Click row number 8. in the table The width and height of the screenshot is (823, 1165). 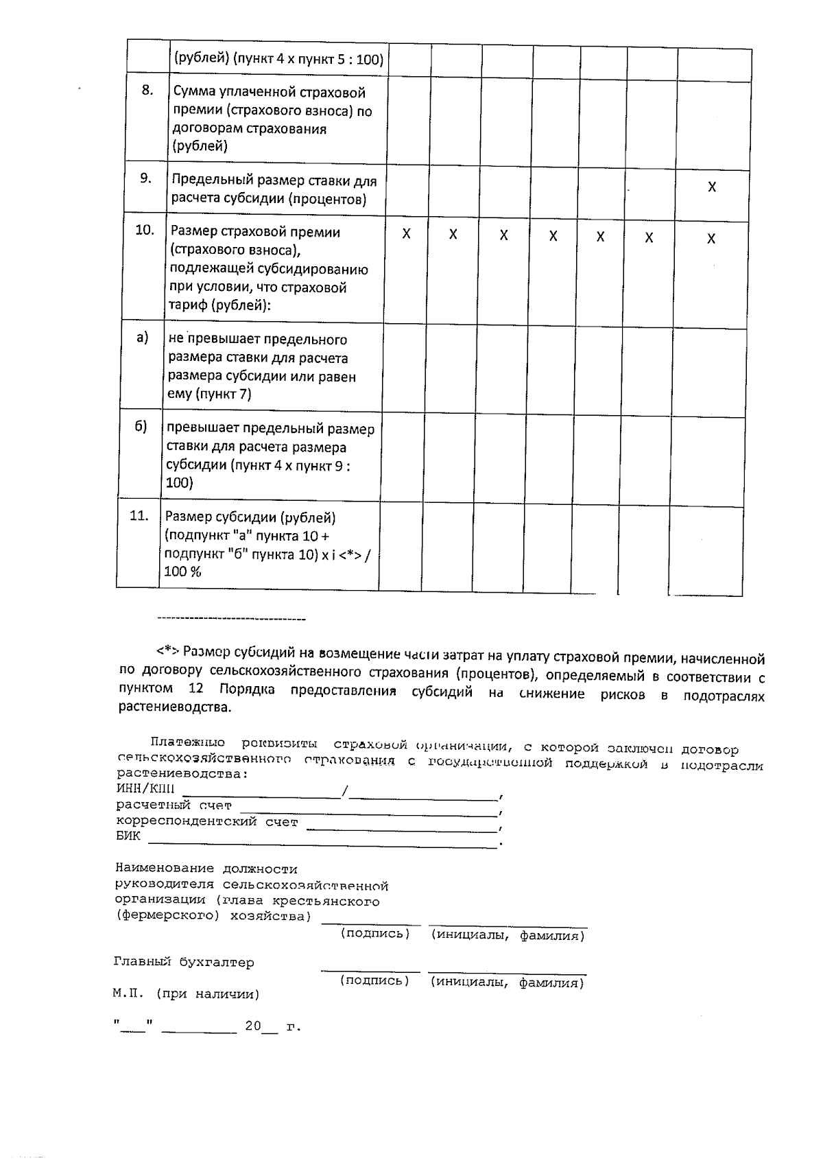pos(147,90)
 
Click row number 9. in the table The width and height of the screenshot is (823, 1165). pos(145,178)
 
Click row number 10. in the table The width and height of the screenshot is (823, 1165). pos(144,231)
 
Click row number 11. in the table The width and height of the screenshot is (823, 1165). pos(139,515)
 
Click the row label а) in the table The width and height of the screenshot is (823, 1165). pos(142,338)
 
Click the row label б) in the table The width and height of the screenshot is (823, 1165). pos(141,426)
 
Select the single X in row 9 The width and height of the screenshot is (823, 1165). pos(712,187)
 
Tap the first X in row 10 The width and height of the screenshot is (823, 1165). pos(406,233)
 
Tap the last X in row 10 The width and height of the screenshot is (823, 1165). pos(711,238)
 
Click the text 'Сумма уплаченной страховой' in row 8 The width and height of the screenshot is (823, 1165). pos(269,93)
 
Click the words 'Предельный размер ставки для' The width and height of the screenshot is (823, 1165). pos(274,181)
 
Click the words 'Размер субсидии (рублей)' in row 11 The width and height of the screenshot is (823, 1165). pos(250,517)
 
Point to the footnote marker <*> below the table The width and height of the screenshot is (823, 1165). pos(169,651)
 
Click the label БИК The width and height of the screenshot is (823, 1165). pos(128,836)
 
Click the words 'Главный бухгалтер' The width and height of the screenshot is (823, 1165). pos(184,962)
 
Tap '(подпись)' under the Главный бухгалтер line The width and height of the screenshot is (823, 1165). pos(374,980)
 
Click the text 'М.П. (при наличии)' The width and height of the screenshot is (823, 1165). pos(186,993)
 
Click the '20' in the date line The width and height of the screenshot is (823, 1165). pos(253,1026)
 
